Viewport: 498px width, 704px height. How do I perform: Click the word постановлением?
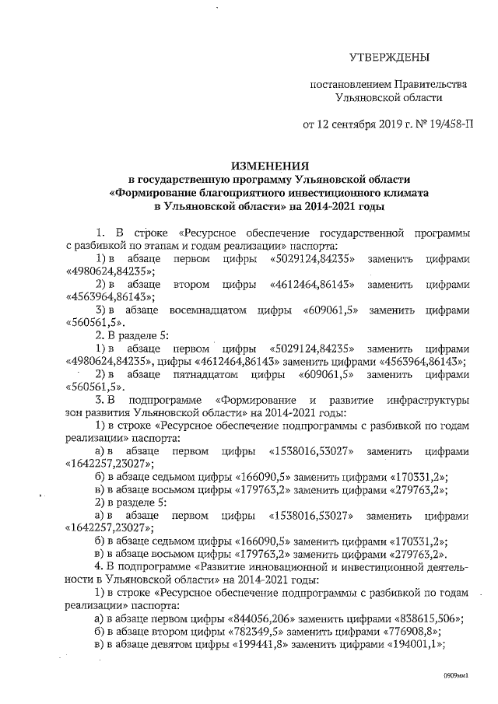pyautogui.click(x=349, y=84)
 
